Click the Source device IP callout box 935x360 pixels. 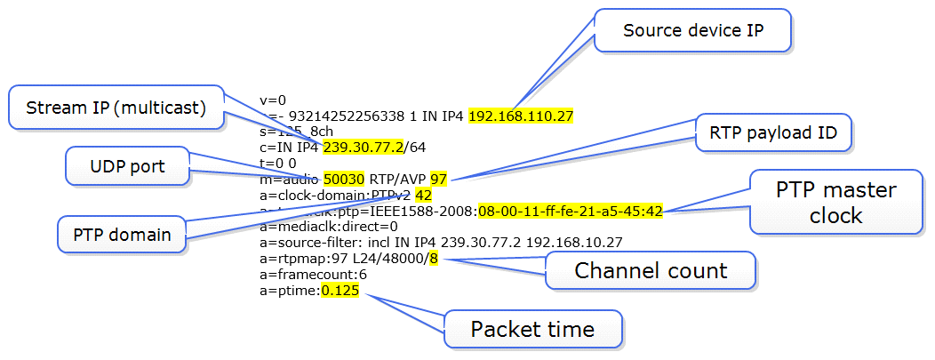[693, 29]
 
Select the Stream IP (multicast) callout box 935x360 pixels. [116, 108]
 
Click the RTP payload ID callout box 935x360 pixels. [773, 134]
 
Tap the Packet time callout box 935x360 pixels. [532, 330]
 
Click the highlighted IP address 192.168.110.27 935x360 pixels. [521, 116]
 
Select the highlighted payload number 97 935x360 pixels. [438, 179]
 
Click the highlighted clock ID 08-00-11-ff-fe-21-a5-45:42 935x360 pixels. [570, 211]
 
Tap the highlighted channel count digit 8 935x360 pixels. [435, 259]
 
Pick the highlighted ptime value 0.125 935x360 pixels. [340, 291]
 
